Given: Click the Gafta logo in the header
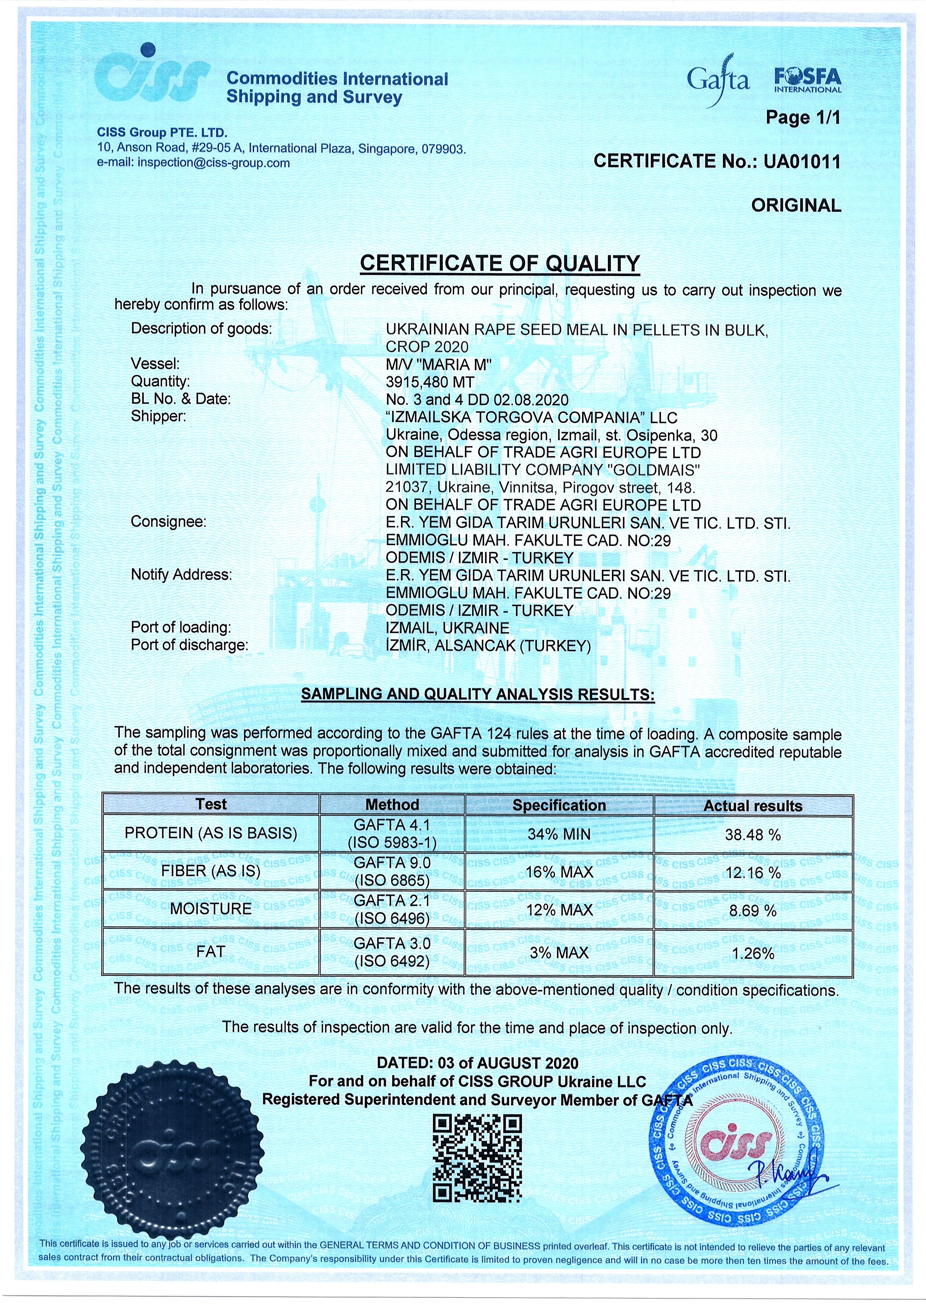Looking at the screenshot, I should tap(718, 80).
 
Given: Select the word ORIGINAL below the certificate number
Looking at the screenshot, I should tap(796, 205).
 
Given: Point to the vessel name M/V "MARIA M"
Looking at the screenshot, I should tap(439, 364).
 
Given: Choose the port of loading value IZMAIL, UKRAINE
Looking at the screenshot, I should tap(447, 628).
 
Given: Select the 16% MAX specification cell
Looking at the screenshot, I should tap(559, 872).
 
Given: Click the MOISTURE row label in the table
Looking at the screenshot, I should tap(211, 909).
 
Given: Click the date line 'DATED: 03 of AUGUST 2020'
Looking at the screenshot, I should tap(477, 1063).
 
